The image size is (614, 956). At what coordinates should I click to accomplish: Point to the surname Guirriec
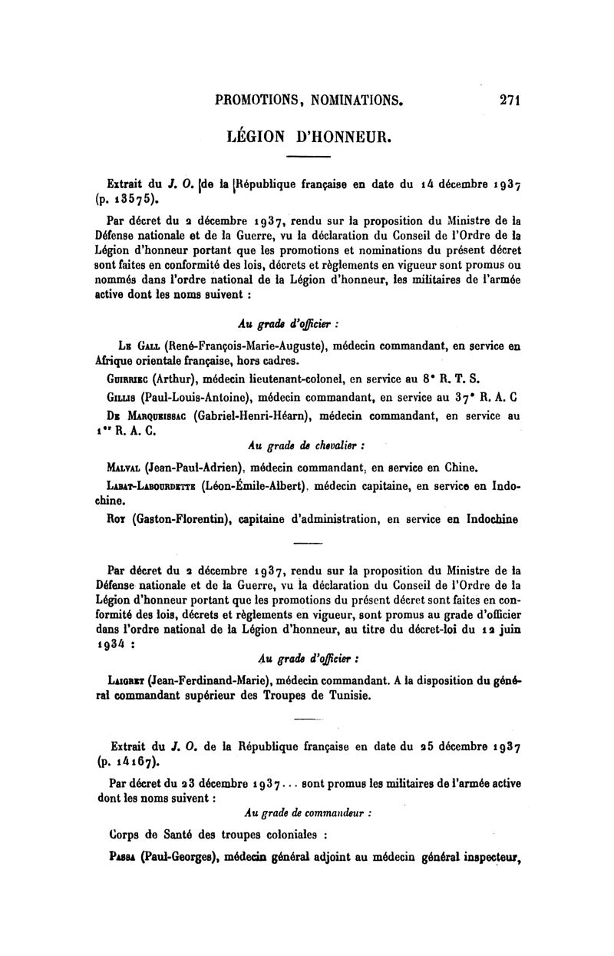coord(128,379)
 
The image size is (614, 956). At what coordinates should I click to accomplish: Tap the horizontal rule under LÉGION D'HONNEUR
coord(307,157)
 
